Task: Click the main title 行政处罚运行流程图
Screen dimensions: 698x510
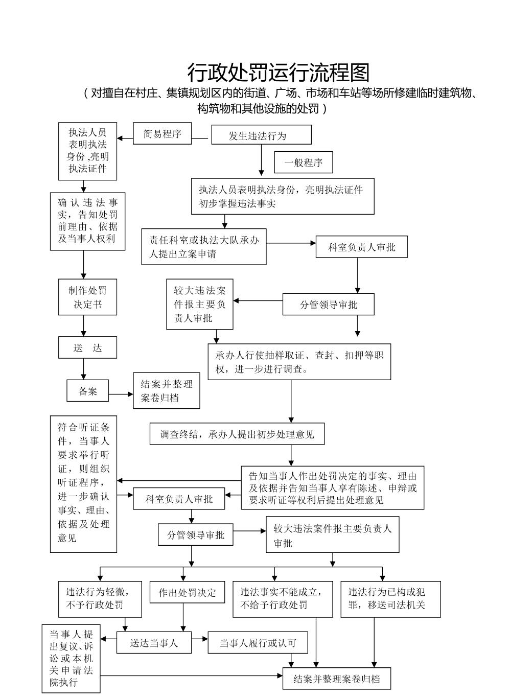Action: [x=278, y=73]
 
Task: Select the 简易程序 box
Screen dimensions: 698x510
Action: [x=163, y=134]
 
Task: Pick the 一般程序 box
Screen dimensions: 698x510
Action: [x=304, y=163]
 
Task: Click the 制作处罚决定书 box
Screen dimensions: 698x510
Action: [x=87, y=297]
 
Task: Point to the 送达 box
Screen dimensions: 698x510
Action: [x=87, y=347]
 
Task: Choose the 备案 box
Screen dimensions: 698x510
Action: [x=88, y=391]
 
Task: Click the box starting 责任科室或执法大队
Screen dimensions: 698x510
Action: [x=204, y=247]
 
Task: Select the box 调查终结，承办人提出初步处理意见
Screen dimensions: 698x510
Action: [x=237, y=434]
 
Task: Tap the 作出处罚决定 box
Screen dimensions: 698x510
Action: [x=187, y=593]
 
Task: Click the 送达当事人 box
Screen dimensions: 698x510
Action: [x=154, y=643]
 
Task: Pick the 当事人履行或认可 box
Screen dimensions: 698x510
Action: [x=258, y=643]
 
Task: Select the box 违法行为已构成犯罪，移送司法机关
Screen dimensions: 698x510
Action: [x=390, y=599]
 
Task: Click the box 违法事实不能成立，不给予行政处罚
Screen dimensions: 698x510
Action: [x=282, y=599]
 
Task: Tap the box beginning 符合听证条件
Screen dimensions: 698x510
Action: [x=83, y=483]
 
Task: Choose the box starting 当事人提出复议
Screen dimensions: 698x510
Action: [x=71, y=658]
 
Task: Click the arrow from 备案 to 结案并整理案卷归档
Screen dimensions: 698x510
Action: [x=121, y=394]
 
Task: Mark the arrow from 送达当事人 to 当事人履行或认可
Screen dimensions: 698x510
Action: [x=200, y=638]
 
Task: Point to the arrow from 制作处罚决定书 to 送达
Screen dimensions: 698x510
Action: [x=84, y=325]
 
